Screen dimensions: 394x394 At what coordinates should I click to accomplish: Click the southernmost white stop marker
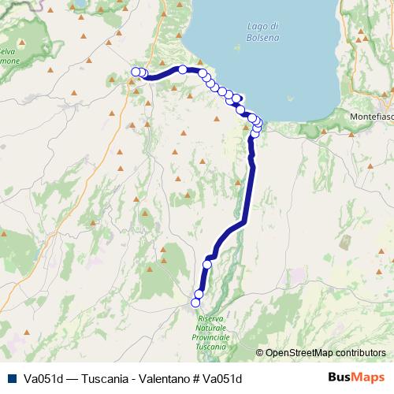point(195,302)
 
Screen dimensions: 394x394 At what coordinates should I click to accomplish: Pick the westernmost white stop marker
point(135,72)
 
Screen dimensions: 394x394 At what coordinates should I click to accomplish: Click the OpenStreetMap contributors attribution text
point(325,352)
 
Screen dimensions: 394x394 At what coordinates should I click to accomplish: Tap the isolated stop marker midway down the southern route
point(207,265)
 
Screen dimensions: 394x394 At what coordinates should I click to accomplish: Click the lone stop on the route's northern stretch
point(183,69)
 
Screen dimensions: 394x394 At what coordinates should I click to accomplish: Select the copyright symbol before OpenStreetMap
point(260,352)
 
